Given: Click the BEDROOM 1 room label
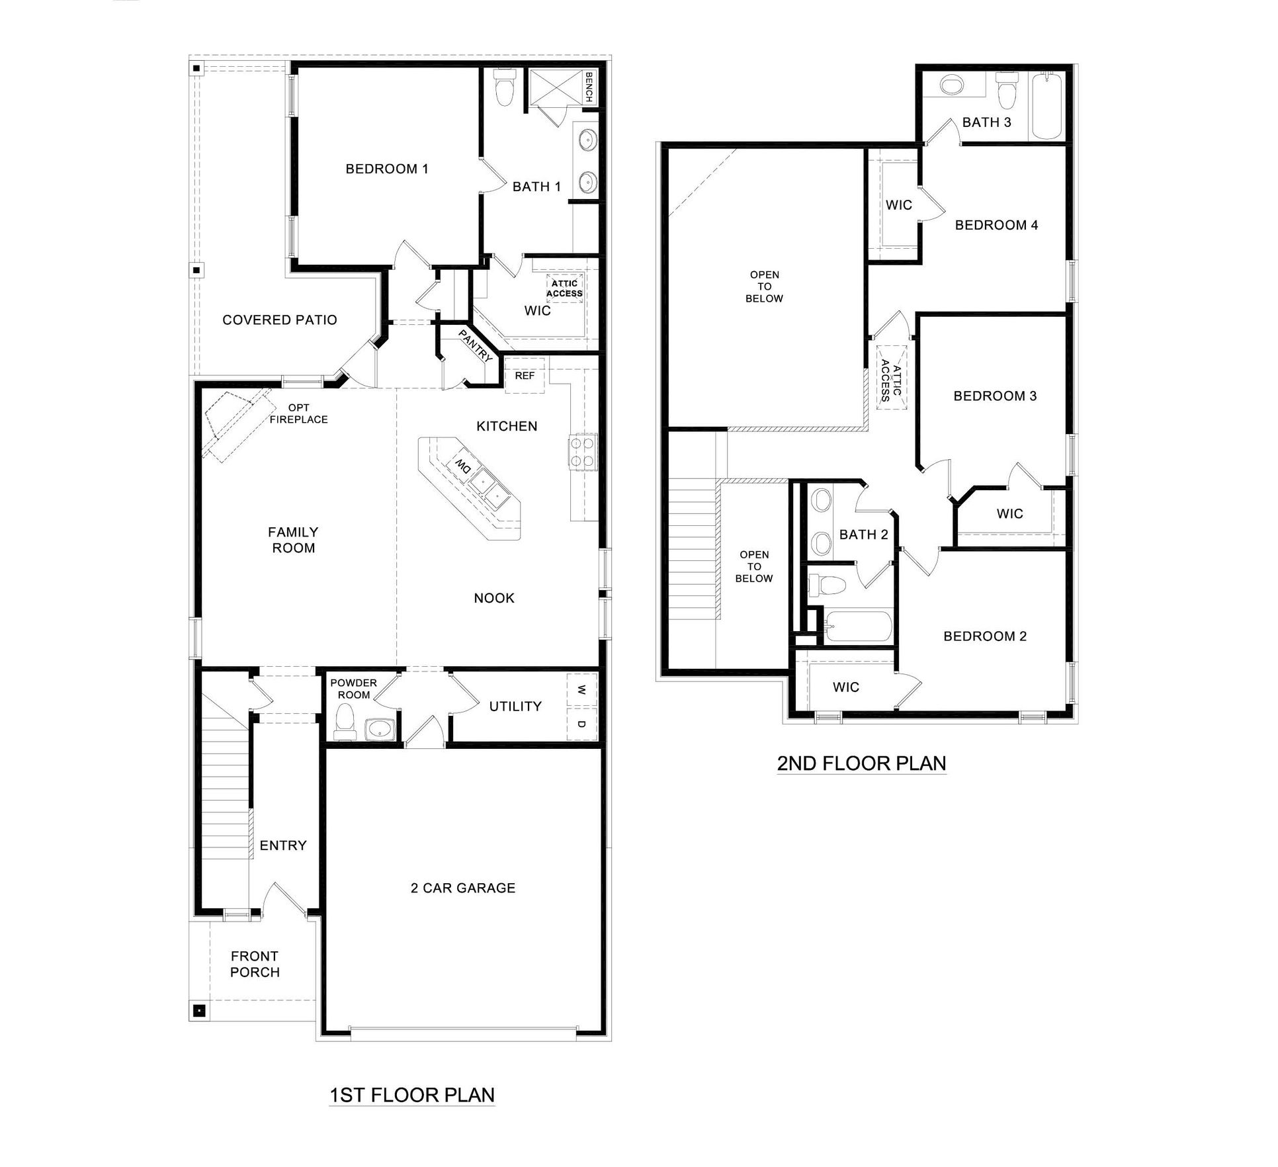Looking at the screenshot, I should (387, 169).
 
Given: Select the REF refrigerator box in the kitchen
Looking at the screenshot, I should (525, 376).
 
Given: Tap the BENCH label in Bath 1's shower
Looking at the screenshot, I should (589, 87).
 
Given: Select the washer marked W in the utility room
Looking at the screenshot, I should (581, 690).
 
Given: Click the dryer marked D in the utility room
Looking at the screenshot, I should (581, 724).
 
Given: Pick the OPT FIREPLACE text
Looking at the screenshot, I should (299, 413).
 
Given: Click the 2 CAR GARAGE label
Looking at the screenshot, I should (463, 888).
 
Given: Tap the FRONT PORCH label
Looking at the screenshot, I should (255, 964).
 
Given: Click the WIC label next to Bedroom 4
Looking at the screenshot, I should (898, 205).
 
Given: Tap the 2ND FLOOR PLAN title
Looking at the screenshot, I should (861, 763).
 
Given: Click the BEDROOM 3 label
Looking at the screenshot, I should (995, 396).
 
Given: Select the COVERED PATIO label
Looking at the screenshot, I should (280, 320).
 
